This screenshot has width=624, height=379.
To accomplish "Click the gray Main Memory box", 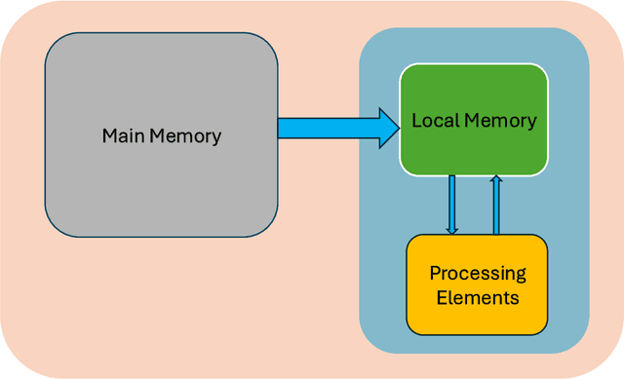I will (161, 175).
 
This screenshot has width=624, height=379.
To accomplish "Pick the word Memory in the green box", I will (501, 121).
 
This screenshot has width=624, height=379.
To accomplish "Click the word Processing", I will (478, 273).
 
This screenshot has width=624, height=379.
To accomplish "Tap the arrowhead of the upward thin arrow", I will (496, 181).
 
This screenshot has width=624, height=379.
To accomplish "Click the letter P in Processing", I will (435, 273).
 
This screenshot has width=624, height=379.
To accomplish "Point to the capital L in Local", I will (416, 121).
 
